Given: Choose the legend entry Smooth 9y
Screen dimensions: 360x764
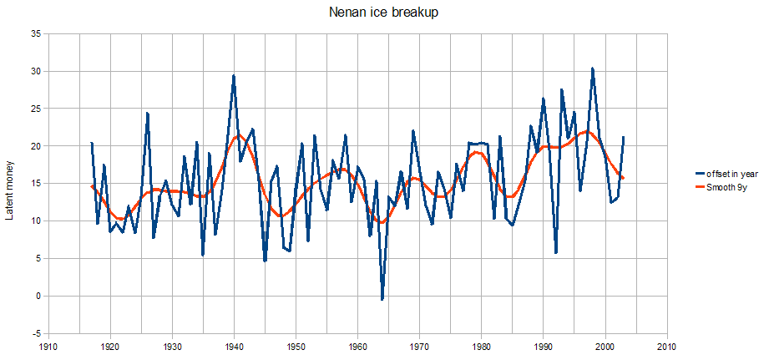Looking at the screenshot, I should (721, 187).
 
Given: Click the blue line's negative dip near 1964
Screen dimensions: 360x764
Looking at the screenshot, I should (382, 299).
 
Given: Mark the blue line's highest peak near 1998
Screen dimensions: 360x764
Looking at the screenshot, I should (592, 68).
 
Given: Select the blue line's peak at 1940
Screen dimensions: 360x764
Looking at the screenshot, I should (234, 76).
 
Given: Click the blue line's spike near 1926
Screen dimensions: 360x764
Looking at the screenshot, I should (147, 113).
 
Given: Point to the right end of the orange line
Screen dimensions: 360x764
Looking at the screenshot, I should (623, 179).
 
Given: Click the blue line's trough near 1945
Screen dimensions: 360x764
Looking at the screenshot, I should (265, 261).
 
